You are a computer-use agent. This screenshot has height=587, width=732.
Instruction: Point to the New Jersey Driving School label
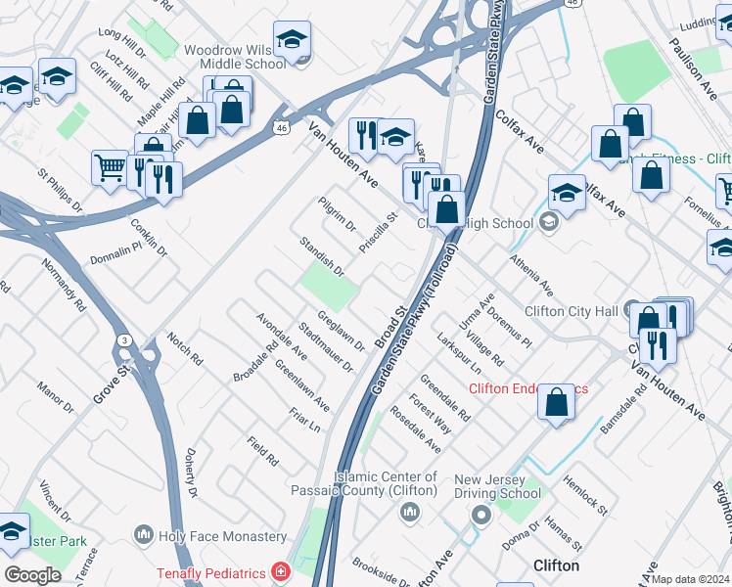(x=497, y=486)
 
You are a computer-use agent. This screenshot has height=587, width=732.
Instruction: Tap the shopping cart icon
(x=110, y=167)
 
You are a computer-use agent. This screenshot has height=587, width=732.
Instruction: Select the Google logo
(x=32, y=575)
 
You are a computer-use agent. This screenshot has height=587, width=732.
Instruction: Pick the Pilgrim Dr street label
(x=337, y=214)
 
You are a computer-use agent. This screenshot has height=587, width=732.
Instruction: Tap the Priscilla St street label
(x=378, y=234)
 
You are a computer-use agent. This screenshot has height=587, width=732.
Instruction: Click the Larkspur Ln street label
(x=459, y=358)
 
